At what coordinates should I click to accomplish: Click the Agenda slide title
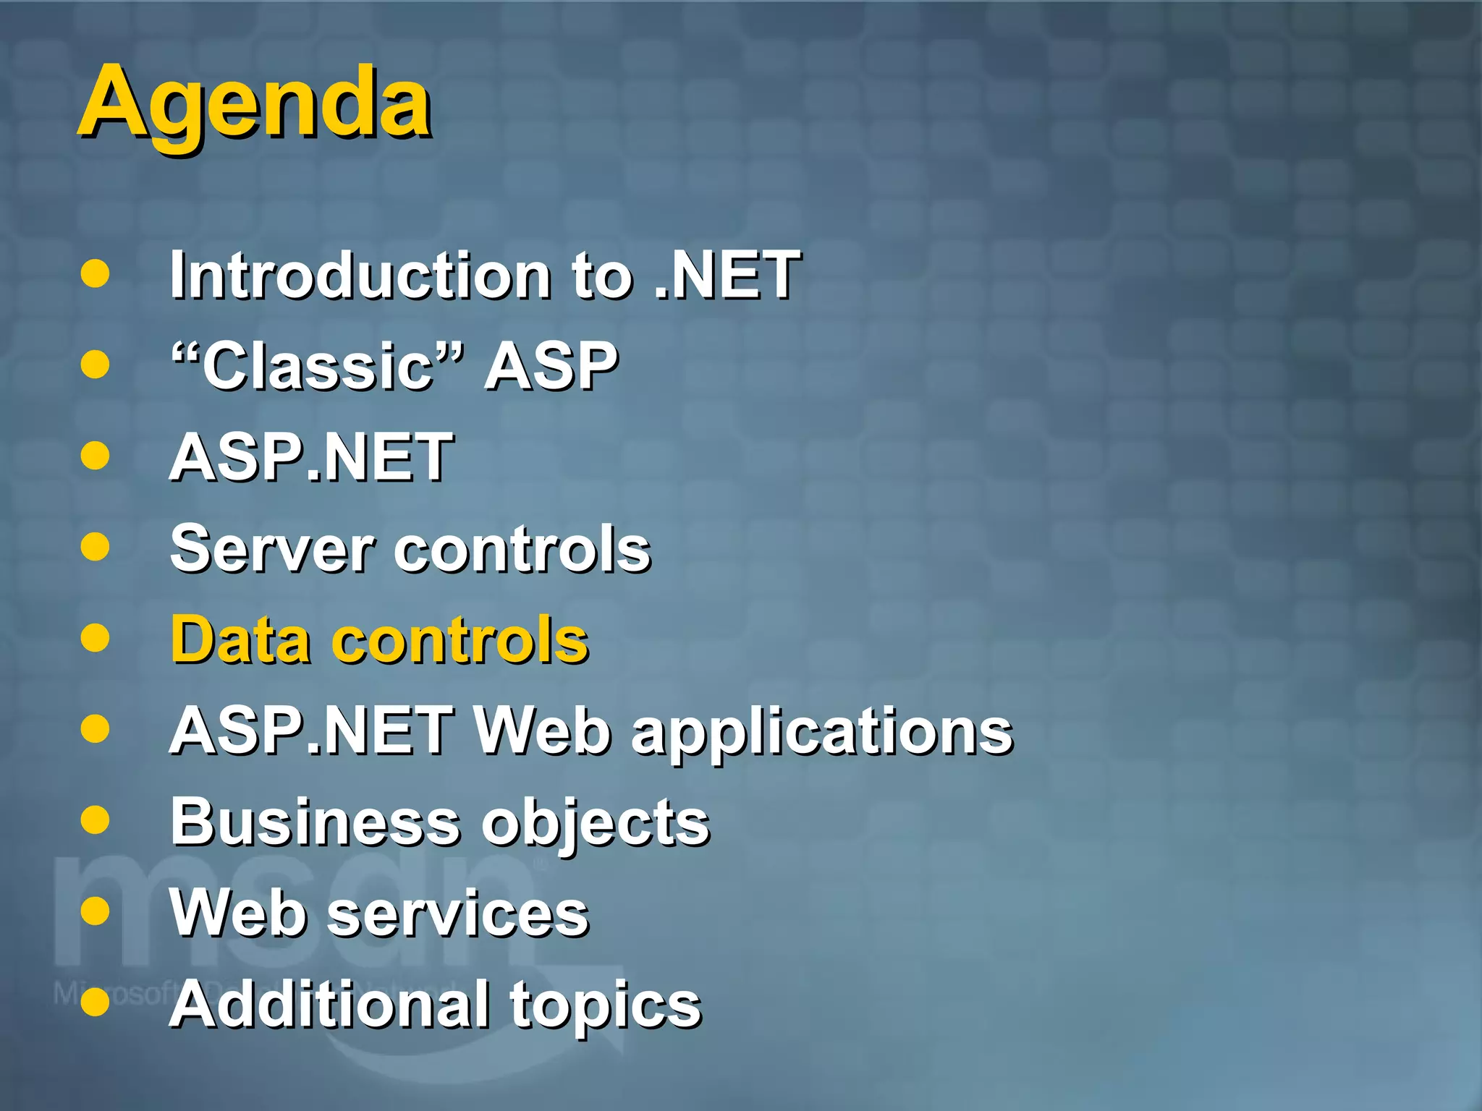click(x=255, y=103)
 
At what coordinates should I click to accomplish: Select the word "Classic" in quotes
click(x=316, y=366)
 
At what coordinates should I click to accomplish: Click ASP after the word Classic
click(x=551, y=366)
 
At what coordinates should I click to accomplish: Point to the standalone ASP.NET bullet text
click(x=311, y=457)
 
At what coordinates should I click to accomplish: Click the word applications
click(x=822, y=732)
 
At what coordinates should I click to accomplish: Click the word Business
click(x=316, y=822)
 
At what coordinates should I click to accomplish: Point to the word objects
click(x=596, y=825)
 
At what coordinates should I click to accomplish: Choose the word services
click(x=458, y=914)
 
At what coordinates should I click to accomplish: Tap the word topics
click(x=606, y=1007)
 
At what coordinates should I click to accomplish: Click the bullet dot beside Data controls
click(x=95, y=638)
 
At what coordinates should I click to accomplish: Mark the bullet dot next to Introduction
click(x=95, y=274)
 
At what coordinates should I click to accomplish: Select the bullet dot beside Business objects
click(x=95, y=820)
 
